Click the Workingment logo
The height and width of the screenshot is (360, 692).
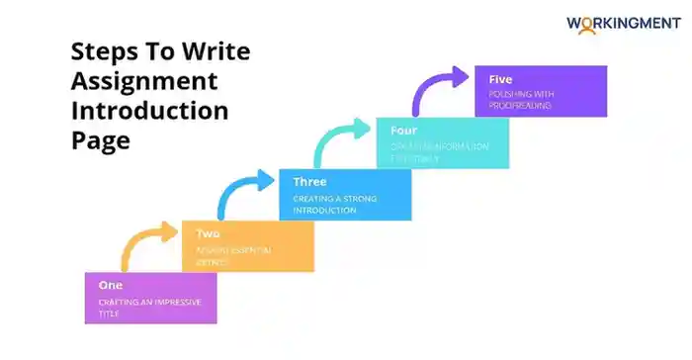click(x=623, y=22)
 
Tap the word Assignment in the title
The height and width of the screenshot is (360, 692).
click(x=144, y=81)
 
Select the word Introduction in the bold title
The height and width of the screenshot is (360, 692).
click(x=149, y=110)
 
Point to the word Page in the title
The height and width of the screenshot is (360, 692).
click(x=101, y=139)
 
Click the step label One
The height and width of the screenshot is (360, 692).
click(x=110, y=285)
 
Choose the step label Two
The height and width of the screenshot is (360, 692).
click(x=208, y=233)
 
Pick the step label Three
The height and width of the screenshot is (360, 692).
click(x=309, y=182)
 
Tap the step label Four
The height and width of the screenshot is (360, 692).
click(x=404, y=129)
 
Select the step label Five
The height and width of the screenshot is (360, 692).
click(x=501, y=78)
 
